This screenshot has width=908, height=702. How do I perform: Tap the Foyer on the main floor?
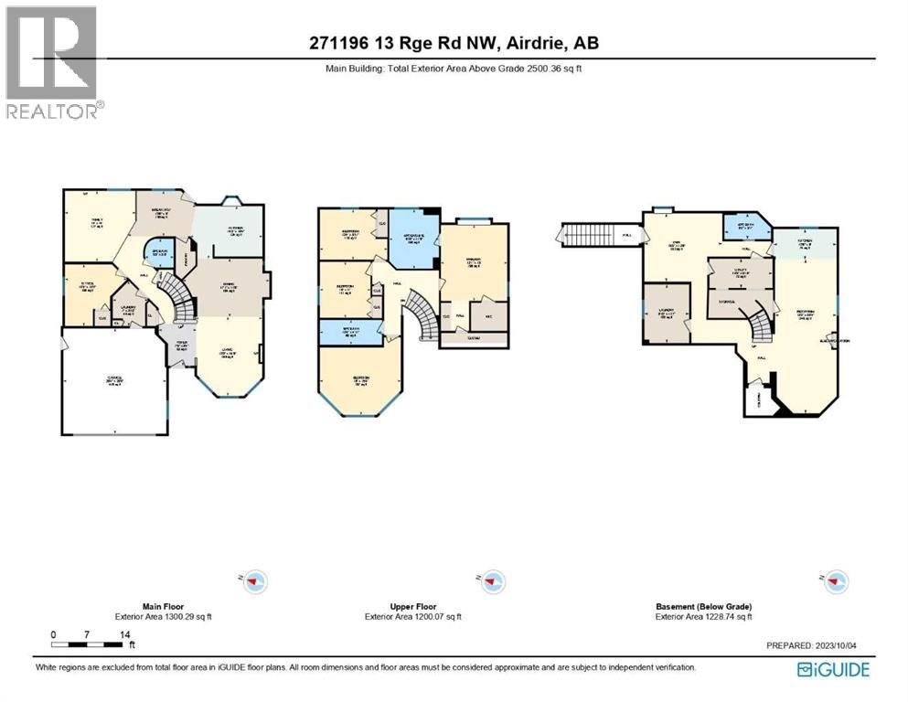point(182,346)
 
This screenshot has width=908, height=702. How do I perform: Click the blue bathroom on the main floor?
point(157,255)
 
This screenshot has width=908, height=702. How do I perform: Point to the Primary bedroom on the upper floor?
point(474,261)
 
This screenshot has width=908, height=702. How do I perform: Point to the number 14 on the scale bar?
point(124,634)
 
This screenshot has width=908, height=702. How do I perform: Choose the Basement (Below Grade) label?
point(703,607)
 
